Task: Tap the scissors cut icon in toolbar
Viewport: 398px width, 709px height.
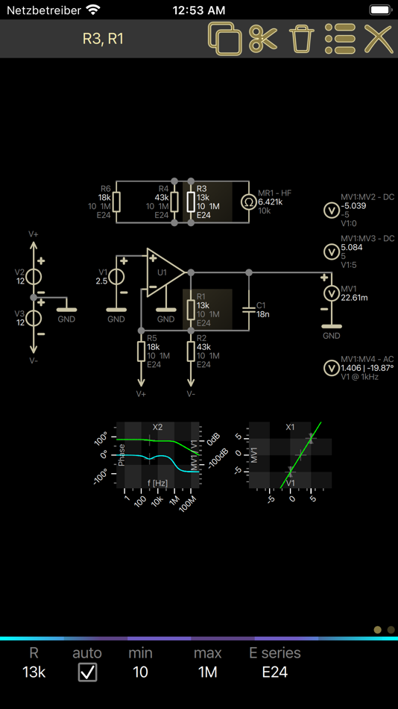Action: (263, 39)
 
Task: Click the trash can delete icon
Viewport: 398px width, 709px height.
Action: (302, 39)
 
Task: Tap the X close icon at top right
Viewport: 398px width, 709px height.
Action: (378, 39)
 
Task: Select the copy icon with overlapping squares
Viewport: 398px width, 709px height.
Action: (224, 39)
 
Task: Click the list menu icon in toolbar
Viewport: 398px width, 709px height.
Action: (340, 39)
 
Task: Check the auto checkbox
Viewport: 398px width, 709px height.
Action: (87, 672)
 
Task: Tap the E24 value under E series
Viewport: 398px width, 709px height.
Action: (274, 672)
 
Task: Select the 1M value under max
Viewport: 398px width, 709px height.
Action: (207, 672)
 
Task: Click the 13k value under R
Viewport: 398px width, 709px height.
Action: (34, 672)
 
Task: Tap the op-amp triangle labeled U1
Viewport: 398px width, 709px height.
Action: (165, 272)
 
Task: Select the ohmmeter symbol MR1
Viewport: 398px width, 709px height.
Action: (248, 202)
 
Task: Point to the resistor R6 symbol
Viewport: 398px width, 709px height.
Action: (116, 202)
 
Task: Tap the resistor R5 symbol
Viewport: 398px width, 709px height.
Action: (141, 352)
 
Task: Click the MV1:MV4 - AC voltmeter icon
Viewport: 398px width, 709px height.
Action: (331, 368)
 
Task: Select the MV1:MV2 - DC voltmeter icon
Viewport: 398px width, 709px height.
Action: (331, 210)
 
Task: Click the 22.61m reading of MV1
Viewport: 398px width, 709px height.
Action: (354, 298)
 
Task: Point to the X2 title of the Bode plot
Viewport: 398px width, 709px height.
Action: (157, 428)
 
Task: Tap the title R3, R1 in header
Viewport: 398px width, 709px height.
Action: (103, 39)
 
